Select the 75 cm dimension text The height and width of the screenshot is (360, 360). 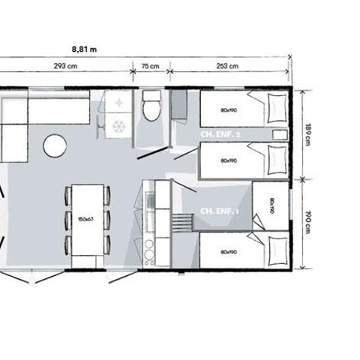[x=151, y=66]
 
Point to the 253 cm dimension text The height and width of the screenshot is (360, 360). [x=228, y=66]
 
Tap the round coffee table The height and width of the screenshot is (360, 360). [x=55, y=145]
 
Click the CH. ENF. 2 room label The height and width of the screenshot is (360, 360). [x=220, y=134]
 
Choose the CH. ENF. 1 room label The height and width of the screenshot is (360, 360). [x=219, y=212]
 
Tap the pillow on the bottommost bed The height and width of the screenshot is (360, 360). [x=275, y=244]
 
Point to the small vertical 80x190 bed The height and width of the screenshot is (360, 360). [x=271, y=204]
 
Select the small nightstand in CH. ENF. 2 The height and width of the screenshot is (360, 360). [x=279, y=134]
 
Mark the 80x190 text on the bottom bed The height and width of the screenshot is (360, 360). [x=229, y=252]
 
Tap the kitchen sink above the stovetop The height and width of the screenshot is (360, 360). [x=149, y=202]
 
